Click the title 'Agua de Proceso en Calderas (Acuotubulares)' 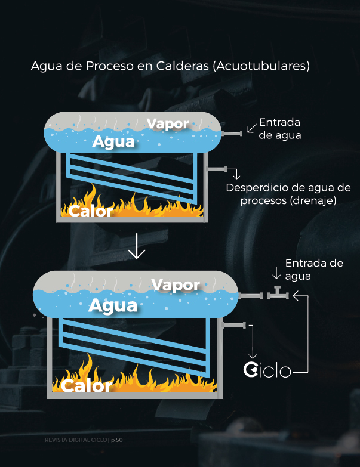pyautogui.click(x=170, y=66)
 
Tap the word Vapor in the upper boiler pyautogui.click(x=168, y=123)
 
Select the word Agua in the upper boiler pyautogui.click(x=113, y=142)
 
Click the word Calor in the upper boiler pyautogui.click(x=90, y=211)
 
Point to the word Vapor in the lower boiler pyautogui.click(x=176, y=284)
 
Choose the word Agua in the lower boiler pyautogui.click(x=113, y=305)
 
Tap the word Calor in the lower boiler pyautogui.click(x=86, y=385)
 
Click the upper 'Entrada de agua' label pyautogui.click(x=279, y=129)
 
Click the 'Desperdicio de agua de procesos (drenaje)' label pyautogui.click(x=288, y=194)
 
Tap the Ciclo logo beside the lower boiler pyautogui.click(x=267, y=370)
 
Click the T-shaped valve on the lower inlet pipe pyautogui.click(x=277, y=293)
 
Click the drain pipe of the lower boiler pyautogui.click(x=233, y=325)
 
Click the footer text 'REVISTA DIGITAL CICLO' pyautogui.click(x=76, y=440)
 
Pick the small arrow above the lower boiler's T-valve pyautogui.click(x=276, y=274)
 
